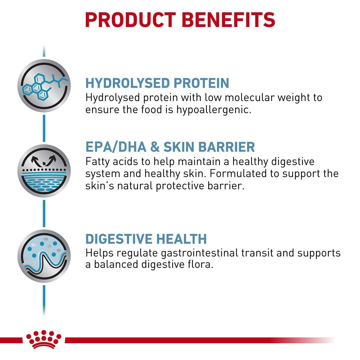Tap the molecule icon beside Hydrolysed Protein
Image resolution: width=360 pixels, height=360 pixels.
click(x=44, y=83)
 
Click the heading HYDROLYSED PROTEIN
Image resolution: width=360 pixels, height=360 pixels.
click(x=157, y=83)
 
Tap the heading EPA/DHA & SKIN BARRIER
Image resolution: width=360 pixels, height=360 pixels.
click(x=170, y=147)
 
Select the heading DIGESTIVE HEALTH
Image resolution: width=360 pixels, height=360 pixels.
click(x=146, y=239)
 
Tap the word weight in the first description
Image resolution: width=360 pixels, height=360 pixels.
click(x=295, y=97)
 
